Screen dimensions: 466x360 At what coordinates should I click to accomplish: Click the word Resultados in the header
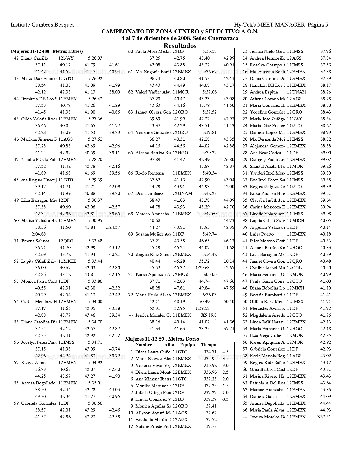point(180,46)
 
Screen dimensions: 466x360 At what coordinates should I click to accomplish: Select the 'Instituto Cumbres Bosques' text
point(42,25)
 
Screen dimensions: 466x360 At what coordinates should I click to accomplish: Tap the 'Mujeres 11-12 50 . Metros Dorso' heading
point(162,339)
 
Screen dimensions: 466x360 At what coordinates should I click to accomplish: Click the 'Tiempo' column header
point(209,345)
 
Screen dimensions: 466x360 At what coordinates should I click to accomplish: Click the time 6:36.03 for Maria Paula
point(210,295)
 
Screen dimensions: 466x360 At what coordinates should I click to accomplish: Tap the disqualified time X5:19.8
point(209,315)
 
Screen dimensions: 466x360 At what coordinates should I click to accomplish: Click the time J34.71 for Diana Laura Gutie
point(210,352)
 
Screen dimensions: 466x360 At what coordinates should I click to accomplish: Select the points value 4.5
point(225,352)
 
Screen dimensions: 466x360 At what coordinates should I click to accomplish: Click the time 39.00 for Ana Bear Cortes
point(326,153)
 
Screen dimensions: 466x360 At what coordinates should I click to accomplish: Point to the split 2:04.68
point(39,234)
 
